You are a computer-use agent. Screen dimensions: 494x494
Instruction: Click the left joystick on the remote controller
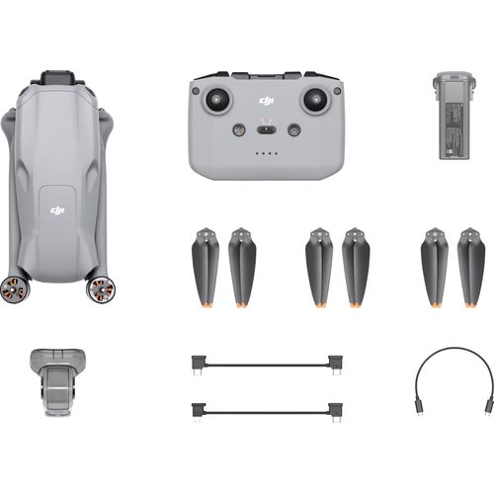pyautogui.click(x=218, y=100)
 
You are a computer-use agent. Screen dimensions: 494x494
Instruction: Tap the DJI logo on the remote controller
pyautogui.click(x=266, y=100)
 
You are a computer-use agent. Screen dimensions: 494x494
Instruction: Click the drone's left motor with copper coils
pyautogui.click(x=13, y=288)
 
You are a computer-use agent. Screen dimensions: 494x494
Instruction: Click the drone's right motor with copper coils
pyautogui.click(x=100, y=288)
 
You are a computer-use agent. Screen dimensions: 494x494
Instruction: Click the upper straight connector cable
pyautogui.click(x=266, y=364)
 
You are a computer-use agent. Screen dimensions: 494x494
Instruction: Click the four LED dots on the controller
pyautogui.click(x=266, y=154)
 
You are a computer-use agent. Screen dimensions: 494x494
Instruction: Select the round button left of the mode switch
pyautogui.click(x=238, y=129)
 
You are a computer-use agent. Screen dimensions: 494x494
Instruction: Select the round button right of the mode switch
pyautogui.click(x=293, y=129)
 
